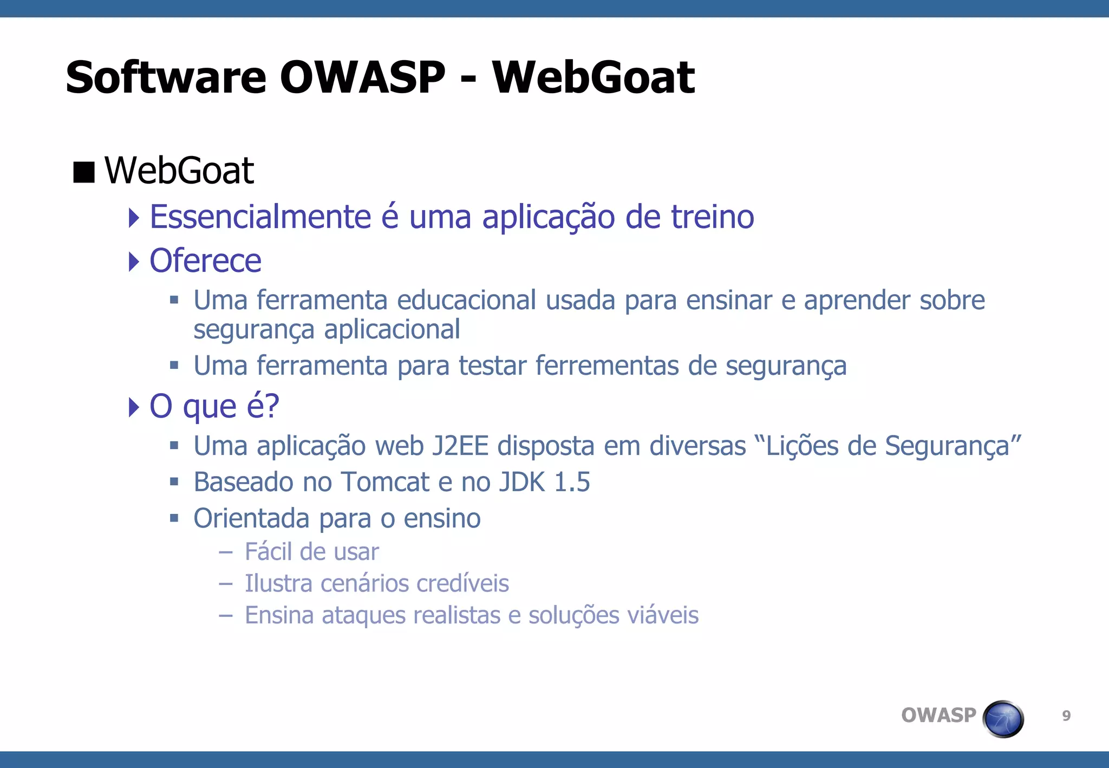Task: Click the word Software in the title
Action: tap(166, 77)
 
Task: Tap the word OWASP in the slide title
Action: tap(362, 77)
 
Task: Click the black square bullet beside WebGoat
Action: tap(84, 172)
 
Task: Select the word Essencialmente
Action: tap(260, 217)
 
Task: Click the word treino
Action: tap(712, 217)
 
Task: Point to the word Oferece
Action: tap(205, 261)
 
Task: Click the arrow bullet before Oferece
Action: tap(134, 262)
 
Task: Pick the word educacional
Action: tap(466, 301)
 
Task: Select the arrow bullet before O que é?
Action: tap(134, 407)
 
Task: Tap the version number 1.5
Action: tap(572, 482)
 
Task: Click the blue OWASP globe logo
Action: tap(1003, 719)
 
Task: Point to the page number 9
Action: tap(1066, 716)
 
